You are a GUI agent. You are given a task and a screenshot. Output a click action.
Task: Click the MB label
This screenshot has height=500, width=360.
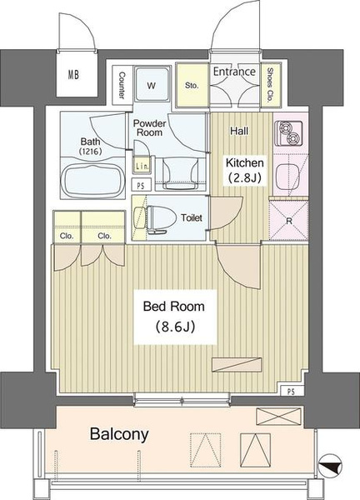(73, 75)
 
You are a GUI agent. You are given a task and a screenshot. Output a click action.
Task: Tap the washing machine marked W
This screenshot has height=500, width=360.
(152, 84)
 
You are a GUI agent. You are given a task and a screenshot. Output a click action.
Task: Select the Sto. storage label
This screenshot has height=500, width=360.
(192, 86)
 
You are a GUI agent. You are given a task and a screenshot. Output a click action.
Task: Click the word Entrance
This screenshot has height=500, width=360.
(234, 72)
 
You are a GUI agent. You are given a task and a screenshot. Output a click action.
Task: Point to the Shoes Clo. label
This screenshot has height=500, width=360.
(270, 84)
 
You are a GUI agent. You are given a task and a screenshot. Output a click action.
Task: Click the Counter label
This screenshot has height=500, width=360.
(122, 85)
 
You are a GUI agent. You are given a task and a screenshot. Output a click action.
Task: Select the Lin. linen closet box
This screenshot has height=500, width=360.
(142, 166)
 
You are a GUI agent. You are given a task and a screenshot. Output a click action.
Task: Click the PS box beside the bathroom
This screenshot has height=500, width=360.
(141, 186)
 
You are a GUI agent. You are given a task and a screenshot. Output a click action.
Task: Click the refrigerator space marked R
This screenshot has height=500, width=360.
(289, 220)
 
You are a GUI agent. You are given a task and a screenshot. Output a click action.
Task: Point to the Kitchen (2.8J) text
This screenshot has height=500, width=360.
(244, 170)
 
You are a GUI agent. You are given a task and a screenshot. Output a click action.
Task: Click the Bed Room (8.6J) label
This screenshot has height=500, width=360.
(174, 317)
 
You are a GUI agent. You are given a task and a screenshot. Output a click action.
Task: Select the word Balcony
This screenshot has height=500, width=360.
(119, 434)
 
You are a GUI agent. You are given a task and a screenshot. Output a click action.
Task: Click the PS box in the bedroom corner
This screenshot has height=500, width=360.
(291, 392)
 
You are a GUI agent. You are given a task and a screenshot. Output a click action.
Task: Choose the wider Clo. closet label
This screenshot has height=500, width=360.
(105, 236)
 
